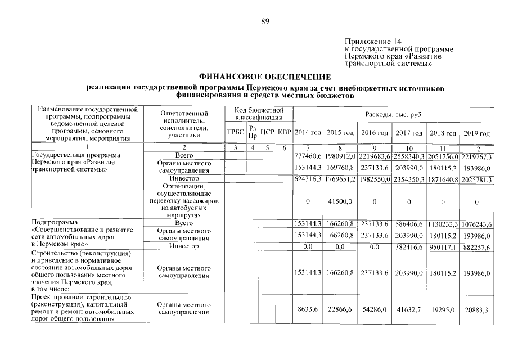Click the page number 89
pos(266,22)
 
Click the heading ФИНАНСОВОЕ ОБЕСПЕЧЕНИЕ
pos(265,77)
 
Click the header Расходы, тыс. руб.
pos(393,114)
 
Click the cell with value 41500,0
pos(341,201)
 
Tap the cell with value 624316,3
pos(308,179)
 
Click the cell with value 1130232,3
pos(443,224)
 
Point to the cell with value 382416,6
pos(410,247)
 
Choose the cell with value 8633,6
pos(308,309)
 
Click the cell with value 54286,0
pos(376,309)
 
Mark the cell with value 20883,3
pos(476,309)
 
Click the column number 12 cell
pos(476,148)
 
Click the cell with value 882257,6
pos(476,247)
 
